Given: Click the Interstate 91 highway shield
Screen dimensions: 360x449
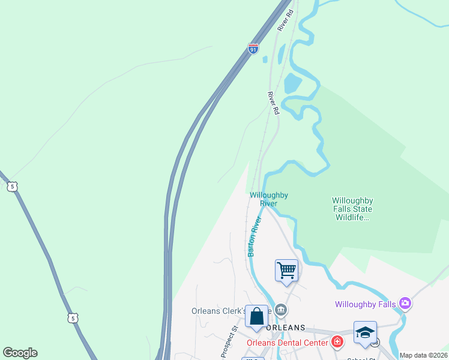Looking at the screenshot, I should (253, 48).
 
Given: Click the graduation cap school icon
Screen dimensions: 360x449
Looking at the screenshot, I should (365, 333).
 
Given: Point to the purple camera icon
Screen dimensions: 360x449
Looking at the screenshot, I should (405, 304).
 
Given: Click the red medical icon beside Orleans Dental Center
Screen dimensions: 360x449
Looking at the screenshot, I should (337, 342).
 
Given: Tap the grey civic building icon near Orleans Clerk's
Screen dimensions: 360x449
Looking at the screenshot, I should (281, 310).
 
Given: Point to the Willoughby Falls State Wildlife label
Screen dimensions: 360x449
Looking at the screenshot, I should (352, 209).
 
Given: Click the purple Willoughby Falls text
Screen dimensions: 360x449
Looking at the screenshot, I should (366, 304).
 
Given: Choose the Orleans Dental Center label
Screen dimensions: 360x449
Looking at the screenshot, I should (288, 343).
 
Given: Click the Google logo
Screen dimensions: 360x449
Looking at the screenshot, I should (20, 353).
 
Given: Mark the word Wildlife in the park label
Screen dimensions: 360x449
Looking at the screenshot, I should (351, 217).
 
